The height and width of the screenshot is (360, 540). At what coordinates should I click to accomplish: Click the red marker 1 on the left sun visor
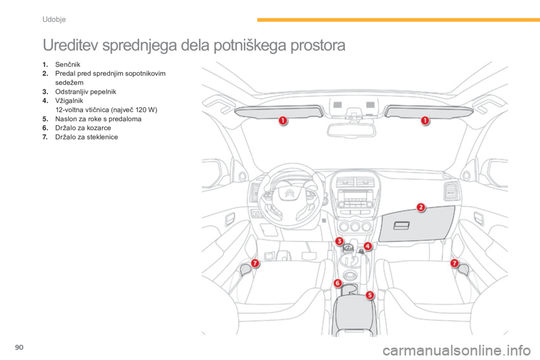282,120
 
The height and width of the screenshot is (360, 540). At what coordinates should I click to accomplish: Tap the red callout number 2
420,207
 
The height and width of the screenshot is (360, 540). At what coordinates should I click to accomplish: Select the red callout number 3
339,241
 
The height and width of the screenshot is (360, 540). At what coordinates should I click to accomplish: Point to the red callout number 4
367,246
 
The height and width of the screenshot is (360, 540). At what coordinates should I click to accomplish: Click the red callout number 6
338,283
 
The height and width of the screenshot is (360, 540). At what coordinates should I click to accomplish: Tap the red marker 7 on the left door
255,263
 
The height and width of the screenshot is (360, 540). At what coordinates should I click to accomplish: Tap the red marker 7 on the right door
454,263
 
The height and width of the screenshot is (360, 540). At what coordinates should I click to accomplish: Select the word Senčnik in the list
66,68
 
